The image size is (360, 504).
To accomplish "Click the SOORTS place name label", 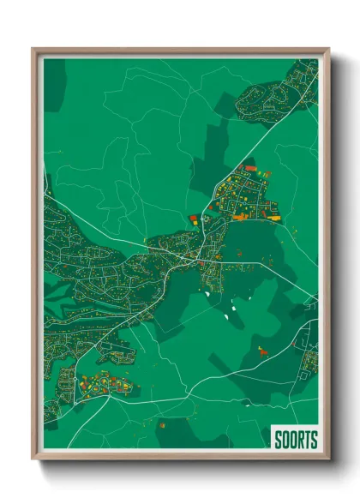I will [296, 440].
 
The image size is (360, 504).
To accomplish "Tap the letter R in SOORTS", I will [299, 440].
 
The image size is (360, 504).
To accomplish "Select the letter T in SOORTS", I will [307, 440].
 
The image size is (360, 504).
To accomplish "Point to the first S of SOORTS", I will [278, 440].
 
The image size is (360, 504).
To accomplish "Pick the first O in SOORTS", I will [285, 440].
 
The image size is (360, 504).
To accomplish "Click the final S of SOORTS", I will [314, 440].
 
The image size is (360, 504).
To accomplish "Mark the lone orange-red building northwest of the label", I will [264, 350].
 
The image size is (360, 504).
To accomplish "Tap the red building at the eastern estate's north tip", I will [249, 168].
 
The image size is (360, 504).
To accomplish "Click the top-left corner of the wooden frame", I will [33, 50].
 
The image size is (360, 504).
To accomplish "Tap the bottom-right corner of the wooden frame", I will [328, 459].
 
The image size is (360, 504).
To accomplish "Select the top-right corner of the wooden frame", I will [328, 50].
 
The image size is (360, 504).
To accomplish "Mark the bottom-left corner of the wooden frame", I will [33, 459].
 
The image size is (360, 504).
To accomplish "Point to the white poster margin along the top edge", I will [180, 57].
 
